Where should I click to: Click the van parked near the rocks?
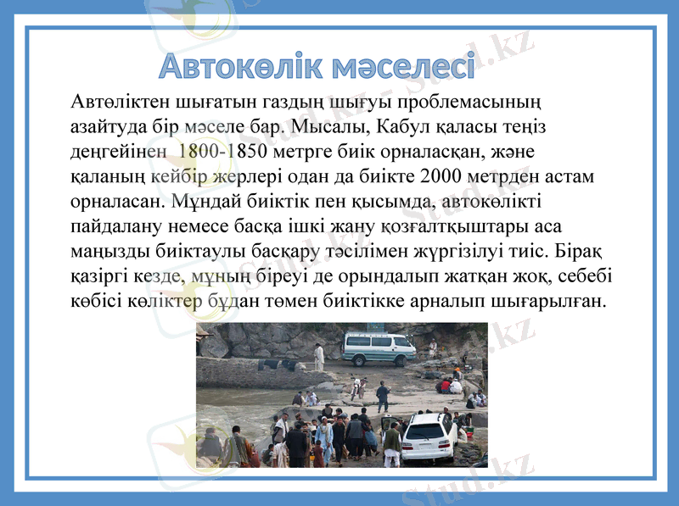click(x=378, y=347)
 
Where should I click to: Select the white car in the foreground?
click(x=429, y=436)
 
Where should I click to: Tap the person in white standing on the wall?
click(x=320, y=357)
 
